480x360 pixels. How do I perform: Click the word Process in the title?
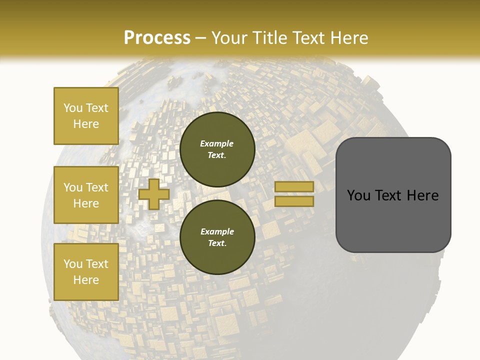tap(157, 38)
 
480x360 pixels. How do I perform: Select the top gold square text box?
tap(86, 116)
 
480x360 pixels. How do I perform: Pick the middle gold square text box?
tap(86, 195)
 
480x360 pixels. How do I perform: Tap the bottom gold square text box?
tap(86, 272)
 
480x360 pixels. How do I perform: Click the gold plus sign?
tap(153, 194)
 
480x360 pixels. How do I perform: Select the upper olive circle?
tap(217, 149)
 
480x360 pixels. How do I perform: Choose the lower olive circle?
tap(217, 237)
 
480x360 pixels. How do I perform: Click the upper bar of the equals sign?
tap(294, 186)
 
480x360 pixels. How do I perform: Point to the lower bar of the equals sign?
tap(294, 201)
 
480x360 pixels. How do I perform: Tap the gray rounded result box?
tap(393, 194)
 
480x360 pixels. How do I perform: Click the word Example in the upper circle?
tap(216, 143)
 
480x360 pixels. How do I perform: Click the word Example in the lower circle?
tap(217, 231)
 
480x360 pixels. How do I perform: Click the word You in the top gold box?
tap(72, 108)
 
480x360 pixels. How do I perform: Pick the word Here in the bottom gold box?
tap(86, 280)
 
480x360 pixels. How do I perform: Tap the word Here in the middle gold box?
tap(86, 203)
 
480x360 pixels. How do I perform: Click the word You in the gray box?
tap(359, 195)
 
